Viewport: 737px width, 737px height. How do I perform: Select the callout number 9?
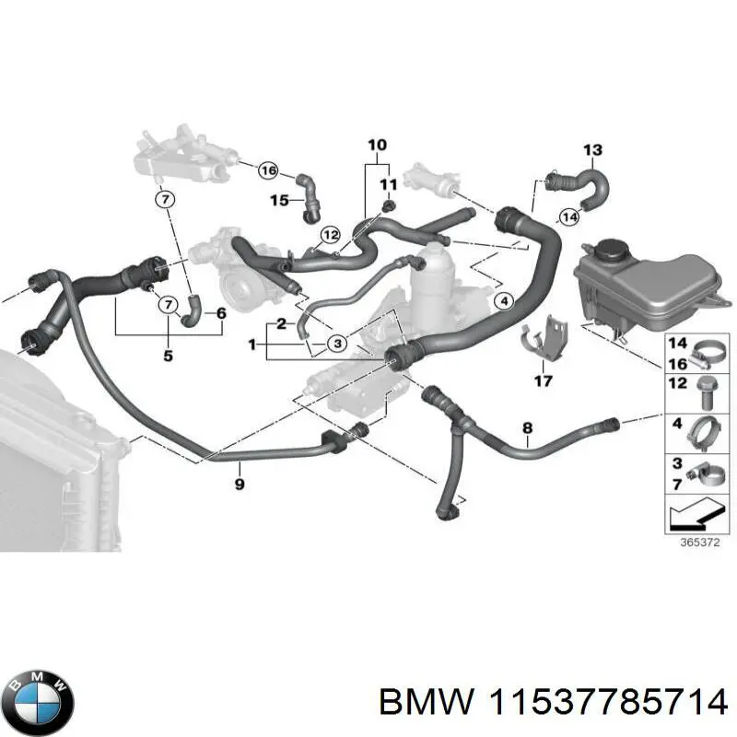coord(239,482)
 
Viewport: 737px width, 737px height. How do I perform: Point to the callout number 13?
coord(592,150)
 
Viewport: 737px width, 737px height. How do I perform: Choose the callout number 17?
coord(543,380)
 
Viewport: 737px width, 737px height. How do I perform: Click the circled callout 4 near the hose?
coord(503,301)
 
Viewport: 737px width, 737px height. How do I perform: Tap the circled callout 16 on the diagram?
coord(267,170)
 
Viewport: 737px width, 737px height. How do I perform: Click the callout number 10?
coord(378,146)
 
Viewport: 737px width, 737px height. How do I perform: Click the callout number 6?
coord(221,313)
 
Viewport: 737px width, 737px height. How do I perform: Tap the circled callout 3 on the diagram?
coord(337,344)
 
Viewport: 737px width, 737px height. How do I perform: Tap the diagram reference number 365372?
coord(694,544)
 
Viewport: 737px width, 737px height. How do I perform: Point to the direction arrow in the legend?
coord(693,512)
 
